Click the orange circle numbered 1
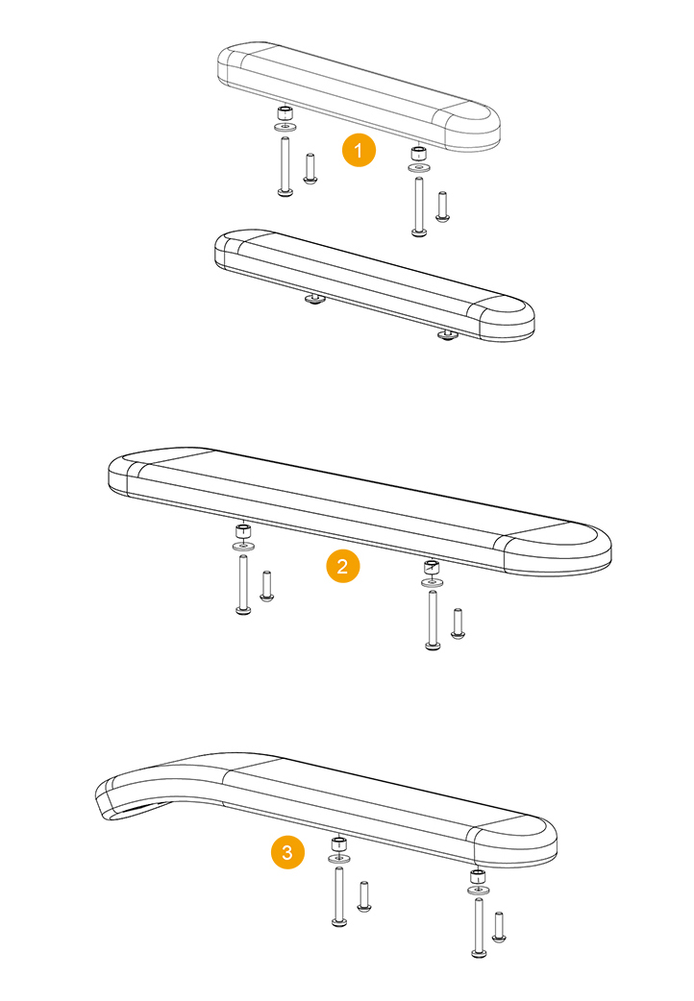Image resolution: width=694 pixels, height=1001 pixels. [359, 150]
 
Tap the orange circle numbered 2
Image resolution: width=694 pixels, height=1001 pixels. [342, 566]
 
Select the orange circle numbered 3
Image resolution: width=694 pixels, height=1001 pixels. [287, 852]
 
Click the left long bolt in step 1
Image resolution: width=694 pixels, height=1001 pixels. [285, 166]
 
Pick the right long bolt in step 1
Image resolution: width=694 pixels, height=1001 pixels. [418, 207]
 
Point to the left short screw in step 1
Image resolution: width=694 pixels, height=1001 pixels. [310, 169]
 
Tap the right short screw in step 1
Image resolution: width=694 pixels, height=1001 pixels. [442, 207]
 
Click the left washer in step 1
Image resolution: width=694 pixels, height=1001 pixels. [285, 127]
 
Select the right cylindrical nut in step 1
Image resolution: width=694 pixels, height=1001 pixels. [418, 154]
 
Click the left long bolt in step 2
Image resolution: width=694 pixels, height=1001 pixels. [243, 585]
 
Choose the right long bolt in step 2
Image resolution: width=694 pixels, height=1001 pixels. [433, 621]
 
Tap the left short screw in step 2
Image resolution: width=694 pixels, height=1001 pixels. [267, 586]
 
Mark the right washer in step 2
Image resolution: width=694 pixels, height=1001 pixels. [433, 582]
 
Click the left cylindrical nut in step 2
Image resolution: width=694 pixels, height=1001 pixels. [243, 531]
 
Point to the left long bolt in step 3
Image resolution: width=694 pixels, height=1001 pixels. [339, 896]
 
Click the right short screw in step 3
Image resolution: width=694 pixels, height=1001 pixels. [499, 928]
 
